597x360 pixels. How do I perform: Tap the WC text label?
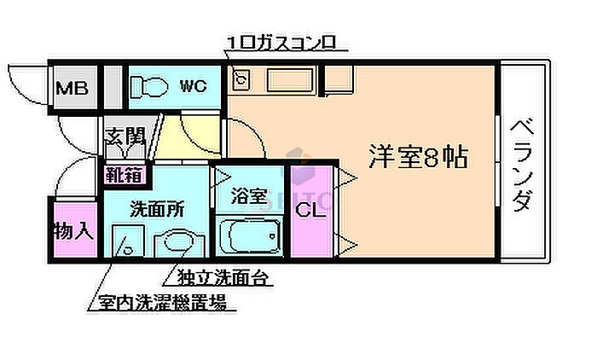192,85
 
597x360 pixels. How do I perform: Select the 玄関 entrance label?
124,136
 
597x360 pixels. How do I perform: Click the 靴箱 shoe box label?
124,175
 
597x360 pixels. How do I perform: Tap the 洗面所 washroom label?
156,208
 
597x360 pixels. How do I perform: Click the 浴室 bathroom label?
250,196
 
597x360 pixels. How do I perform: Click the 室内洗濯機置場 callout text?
161,301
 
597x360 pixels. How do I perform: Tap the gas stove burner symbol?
241,80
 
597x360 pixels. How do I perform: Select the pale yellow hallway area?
182,141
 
